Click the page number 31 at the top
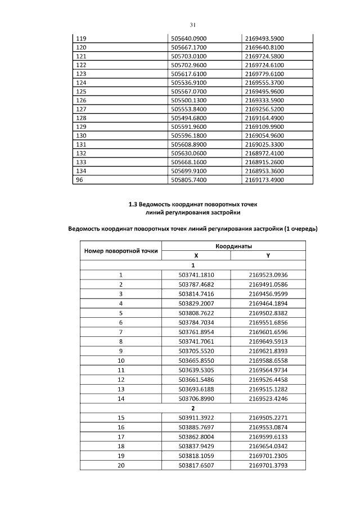(192, 25)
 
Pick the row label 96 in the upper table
(79, 180)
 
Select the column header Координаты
(233, 247)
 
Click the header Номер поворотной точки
(120, 251)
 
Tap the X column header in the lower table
(196, 256)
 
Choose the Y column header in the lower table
(268, 256)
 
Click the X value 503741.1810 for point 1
(196, 275)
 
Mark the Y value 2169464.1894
(268, 303)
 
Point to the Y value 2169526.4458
(268, 378)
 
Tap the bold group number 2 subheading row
(193, 409)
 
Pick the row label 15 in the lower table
(120, 418)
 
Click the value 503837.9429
(196, 447)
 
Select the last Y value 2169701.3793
(268, 465)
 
